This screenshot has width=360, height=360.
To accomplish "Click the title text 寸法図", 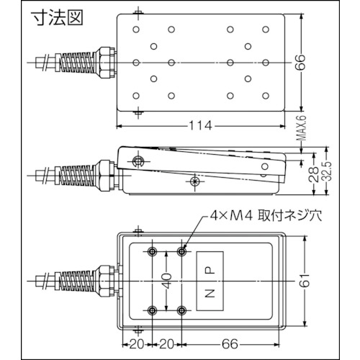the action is pyautogui.click(x=58, y=17).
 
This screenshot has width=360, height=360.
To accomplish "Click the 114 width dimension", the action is pyautogui.click(x=201, y=125).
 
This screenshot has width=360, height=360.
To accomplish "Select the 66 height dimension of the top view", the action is pyautogui.click(x=300, y=63).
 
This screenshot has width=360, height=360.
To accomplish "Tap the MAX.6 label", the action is pyautogui.click(x=302, y=128).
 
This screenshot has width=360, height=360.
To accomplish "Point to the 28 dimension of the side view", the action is pyautogui.click(x=314, y=174).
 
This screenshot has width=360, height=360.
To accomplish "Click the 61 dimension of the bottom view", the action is pyautogui.click(x=305, y=280).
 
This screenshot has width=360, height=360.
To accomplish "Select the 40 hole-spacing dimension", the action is pyautogui.click(x=166, y=281).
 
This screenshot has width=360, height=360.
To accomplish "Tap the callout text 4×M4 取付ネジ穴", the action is pyautogui.click(x=266, y=216).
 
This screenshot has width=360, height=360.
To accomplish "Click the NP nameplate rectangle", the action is pyautogui.click(x=210, y=281).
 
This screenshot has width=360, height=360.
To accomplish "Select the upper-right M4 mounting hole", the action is pyautogui.click(x=181, y=251).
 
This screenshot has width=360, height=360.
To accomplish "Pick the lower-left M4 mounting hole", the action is pyautogui.click(x=153, y=310).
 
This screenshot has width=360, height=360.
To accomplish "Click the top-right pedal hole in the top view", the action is pyautogui.click(x=266, y=30).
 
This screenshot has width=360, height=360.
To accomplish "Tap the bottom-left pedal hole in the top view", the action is pyautogui.click(x=136, y=96).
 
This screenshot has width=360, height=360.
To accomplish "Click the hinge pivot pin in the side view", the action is pyautogui.click(x=138, y=161).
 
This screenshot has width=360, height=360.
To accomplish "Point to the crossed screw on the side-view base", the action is pyautogui.click(x=194, y=181).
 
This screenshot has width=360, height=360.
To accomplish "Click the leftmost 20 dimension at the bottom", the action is pyautogui.click(x=137, y=345).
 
